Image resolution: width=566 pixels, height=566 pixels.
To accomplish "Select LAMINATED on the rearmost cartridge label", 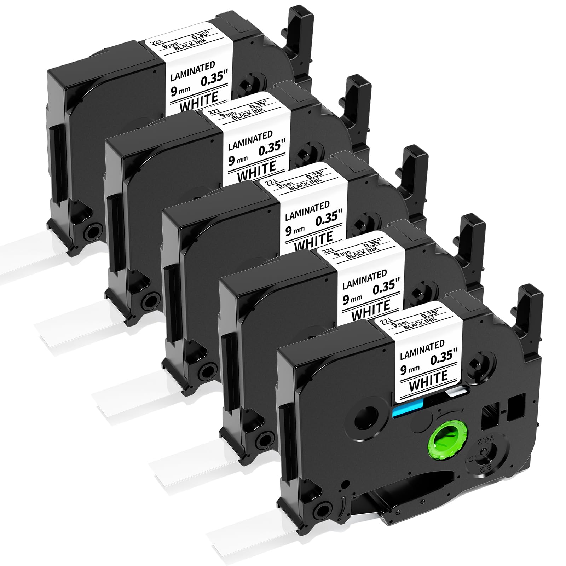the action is (x=193, y=69).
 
